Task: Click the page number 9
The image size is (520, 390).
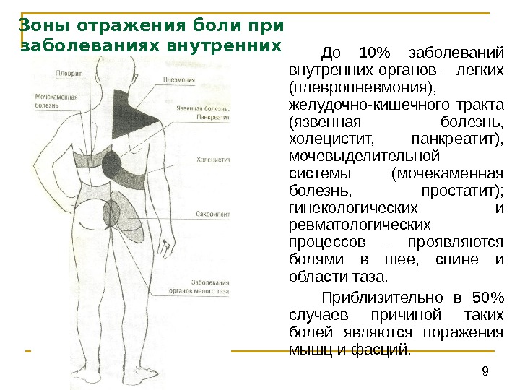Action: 485,371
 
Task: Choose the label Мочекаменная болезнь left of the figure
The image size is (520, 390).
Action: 57,100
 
